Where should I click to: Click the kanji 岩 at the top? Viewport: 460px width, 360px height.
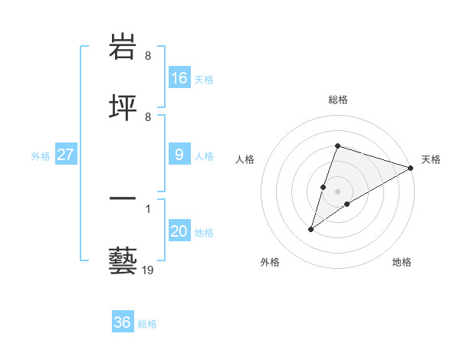[x=123, y=47]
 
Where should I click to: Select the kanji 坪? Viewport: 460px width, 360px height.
[x=123, y=107]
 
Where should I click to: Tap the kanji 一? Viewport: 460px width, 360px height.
[x=123, y=200]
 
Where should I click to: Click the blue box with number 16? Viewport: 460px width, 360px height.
[x=179, y=78]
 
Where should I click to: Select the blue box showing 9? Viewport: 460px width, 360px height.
[x=179, y=155]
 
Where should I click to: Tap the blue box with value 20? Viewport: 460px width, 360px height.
[x=179, y=231]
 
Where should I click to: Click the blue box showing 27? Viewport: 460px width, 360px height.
[x=66, y=155]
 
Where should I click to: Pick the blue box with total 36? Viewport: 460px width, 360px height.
[x=123, y=322]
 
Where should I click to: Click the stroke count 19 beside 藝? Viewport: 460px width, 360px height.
[x=148, y=270]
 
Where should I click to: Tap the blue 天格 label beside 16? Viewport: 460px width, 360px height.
[x=204, y=80]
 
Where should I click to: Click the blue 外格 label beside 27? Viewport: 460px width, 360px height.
[x=41, y=156]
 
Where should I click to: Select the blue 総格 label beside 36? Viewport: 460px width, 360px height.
[x=147, y=324]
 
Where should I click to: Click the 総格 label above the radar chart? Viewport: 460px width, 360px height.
[x=338, y=100]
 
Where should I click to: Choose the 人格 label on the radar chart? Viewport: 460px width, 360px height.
[x=245, y=159]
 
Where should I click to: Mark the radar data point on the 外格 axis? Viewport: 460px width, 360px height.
[x=310, y=229]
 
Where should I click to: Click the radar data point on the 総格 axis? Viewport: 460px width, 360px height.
[x=337, y=146]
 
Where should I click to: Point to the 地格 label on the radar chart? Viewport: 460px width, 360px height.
[x=402, y=262]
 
